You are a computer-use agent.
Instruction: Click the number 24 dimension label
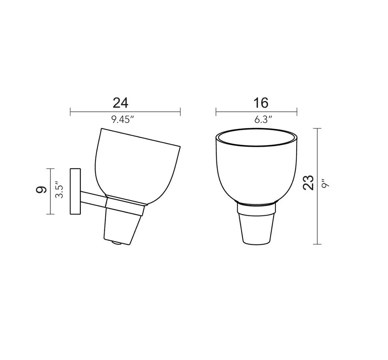(120, 103)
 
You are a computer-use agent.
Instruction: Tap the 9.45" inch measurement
(122, 120)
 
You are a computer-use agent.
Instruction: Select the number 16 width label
(261, 103)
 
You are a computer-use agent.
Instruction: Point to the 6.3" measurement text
(263, 120)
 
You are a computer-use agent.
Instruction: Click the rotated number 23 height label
(308, 183)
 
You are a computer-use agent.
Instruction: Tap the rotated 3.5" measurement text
(59, 190)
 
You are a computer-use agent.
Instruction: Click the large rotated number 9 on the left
(41, 190)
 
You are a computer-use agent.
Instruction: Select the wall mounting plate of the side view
(75, 191)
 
